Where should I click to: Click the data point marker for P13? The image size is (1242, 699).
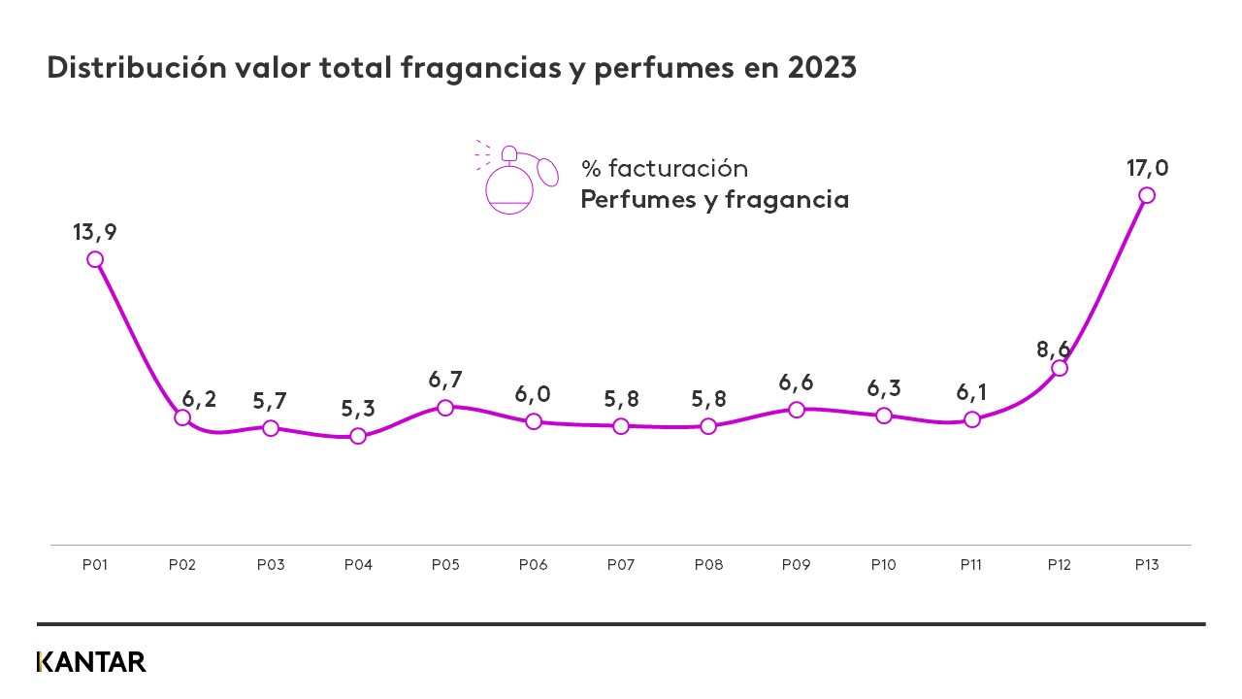(x=1147, y=195)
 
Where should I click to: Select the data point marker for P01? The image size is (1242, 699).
(x=95, y=259)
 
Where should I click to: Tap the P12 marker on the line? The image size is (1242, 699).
(x=1060, y=368)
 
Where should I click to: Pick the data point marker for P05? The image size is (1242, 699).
(x=445, y=408)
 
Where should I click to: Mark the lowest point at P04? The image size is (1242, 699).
(x=358, y=436)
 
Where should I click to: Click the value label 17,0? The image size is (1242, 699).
(x=1147, y=168)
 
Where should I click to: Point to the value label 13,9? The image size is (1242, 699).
(x=94, y=232)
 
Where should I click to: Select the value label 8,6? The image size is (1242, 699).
(x=1053, y=349)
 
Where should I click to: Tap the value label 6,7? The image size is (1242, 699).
(x=445, y=380)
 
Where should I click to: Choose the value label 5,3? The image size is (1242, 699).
(x=358, y=409)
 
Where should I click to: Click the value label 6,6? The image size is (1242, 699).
(x=796, y=382)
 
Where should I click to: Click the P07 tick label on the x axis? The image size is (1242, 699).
(x=621, y=564)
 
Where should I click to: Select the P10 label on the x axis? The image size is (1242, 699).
(x=884, y=564)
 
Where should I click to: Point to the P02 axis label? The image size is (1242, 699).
(x=182, y=564)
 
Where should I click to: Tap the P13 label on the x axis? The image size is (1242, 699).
(x=1147, y=564)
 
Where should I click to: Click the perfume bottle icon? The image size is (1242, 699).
(x=514, y=178)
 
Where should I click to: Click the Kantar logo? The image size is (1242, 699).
(x=91, y=662)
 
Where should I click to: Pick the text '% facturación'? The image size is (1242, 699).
(x=665, y=168)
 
